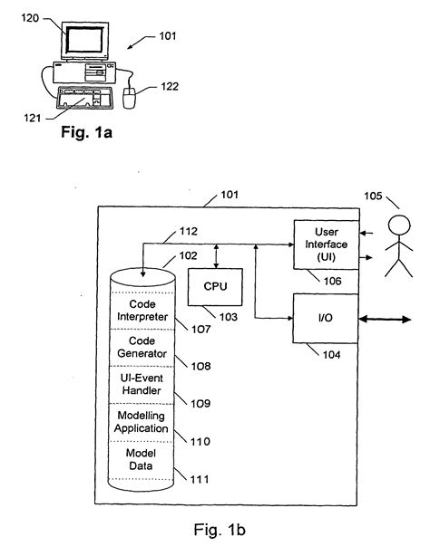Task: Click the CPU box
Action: pyautogui.click(x=216, y=287)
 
